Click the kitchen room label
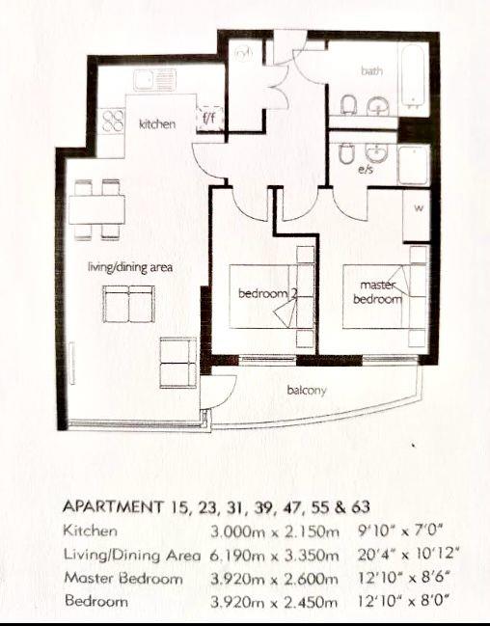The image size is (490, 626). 157,123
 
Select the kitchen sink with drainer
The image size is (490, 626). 155,80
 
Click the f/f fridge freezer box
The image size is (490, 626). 209,119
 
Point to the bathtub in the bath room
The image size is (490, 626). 414,78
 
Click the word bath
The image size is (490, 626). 371,71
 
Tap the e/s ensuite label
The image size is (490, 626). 366,170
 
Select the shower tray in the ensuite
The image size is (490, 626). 414,165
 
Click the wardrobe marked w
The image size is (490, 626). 417,216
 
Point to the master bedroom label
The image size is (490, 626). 377,292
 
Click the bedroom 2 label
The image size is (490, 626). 267,293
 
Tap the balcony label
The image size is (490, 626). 307,390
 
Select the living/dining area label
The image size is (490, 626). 130,266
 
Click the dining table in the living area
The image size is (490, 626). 96,209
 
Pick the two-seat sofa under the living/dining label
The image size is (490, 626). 128,304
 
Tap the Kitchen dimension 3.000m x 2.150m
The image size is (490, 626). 275,531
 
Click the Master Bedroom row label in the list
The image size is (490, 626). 123,579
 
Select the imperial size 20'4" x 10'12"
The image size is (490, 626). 408,555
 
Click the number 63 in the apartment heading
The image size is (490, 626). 361,507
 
